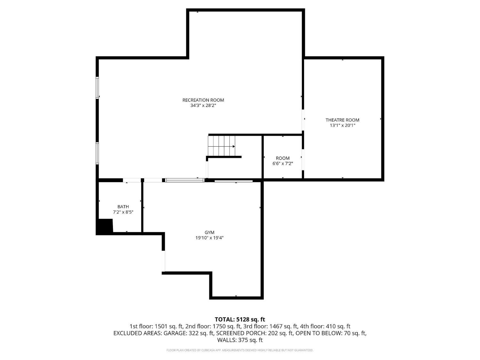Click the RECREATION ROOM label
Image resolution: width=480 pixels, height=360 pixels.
(203, 100)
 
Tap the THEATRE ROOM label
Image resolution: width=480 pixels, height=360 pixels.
(342, 120)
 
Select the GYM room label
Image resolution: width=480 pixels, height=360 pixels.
(210, 232)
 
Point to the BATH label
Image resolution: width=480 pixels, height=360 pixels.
(123, 207)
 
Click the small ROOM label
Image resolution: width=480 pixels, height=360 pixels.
(283, 158)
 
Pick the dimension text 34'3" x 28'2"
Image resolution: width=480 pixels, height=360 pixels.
(203, 105)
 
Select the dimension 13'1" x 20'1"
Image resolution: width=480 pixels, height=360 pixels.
(342, 125)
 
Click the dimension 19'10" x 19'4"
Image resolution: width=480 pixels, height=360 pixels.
(210, 238)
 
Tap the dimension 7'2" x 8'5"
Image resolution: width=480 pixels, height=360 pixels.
(123, 212)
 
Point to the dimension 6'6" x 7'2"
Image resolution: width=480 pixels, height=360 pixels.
(283, 164)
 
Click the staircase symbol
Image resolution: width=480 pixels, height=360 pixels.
(221, 146)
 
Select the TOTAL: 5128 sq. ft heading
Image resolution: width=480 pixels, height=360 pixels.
(240, 319)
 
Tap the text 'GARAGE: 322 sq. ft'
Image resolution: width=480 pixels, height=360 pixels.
(188, 333)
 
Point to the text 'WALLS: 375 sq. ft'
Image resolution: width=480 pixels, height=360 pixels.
(240, 340)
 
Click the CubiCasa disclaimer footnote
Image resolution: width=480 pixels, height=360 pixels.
(240, 350)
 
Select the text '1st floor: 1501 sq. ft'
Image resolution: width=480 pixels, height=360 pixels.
(156, 326)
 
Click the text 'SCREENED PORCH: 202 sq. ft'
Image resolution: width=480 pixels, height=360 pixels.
(255, 333)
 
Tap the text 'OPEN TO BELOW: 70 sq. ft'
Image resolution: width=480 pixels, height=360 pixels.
(331, 333)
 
